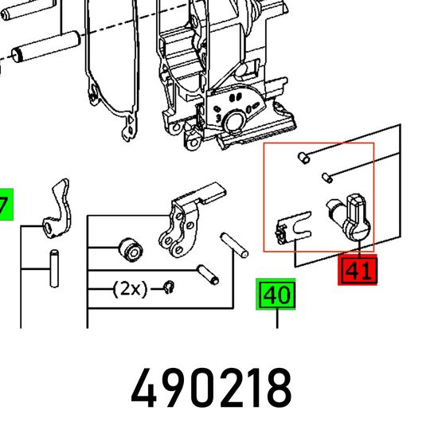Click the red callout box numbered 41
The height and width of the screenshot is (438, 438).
(x=358, y=270)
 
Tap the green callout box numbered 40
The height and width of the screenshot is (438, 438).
(x=276, y=294)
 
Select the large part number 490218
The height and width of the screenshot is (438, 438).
(x=212, y=389)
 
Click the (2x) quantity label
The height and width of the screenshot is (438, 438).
(x=130, y=289)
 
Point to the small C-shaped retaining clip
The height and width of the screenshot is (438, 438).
(x=169, y=287)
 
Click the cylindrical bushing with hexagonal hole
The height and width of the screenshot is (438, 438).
(x=131, y=250)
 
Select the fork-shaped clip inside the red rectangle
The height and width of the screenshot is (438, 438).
(x=293, y=228)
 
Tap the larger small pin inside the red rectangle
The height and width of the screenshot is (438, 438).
(x=303, y=158)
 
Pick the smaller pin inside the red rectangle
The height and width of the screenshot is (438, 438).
(x=327, y=178)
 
